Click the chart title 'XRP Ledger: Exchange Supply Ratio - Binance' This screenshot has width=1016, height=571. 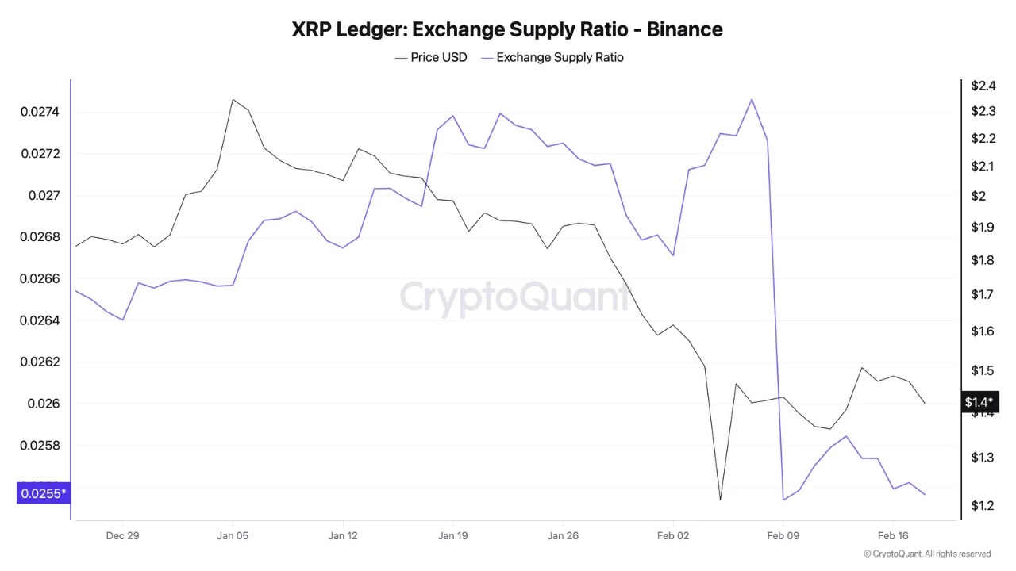[507, 29]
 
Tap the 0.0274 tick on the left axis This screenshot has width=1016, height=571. [40, 112]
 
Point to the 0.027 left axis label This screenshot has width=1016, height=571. [44, 195]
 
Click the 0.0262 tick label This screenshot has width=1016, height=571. [40, 362]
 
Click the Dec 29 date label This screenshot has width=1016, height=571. [122, 535]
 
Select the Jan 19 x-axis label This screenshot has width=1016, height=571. [452, 535]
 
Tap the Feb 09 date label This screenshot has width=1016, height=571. [783, 535]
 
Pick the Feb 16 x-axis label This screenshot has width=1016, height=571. [892, 535]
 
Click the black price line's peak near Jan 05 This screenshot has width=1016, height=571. [233, 100]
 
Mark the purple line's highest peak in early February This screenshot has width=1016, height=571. [751, 99]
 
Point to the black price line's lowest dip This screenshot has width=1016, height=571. [720, 499]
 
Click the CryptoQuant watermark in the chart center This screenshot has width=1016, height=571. [514, 297]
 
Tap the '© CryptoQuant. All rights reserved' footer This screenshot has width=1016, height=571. [926, 554]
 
